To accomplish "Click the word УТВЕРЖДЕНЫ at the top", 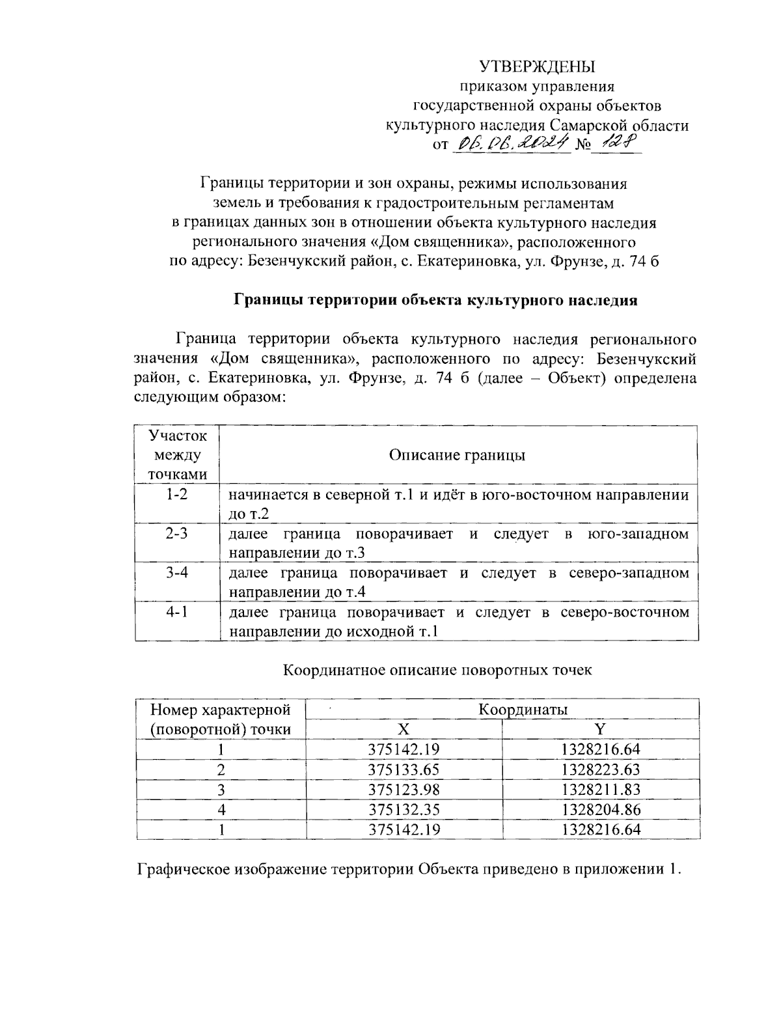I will [537, 66].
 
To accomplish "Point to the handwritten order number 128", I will [616, 143].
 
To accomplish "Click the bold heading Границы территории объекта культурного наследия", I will [435, 300].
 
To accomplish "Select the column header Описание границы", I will [457, 455].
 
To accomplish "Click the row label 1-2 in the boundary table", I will [176, 495].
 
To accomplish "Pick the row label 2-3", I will [176, 534].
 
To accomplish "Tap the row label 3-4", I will [176, 573].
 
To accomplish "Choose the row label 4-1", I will [176, 612].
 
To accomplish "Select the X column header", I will [404, 729].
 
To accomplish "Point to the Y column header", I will [601, 729].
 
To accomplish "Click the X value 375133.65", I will [404, 769].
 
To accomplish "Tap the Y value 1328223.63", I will [601, 769].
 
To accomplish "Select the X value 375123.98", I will [404, 790].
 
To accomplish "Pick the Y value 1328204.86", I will [601, 810].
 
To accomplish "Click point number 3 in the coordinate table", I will [221, 790].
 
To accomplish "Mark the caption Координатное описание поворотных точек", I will [437, 670].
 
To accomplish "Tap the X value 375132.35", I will [404, 810].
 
